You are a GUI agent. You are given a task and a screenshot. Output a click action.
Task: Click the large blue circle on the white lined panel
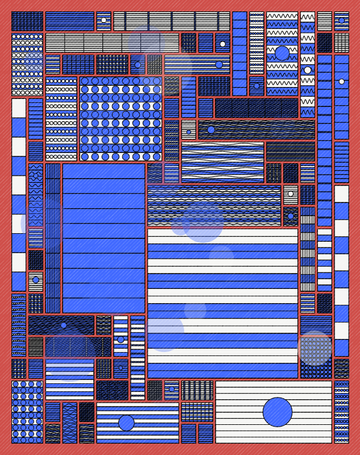278,412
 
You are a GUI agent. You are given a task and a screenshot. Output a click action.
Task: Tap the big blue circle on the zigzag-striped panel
282,53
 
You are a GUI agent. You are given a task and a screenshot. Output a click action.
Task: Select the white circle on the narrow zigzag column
308,70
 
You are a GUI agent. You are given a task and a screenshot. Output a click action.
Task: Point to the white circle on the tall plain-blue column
341,81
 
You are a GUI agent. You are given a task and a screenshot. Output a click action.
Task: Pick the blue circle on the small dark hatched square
291,216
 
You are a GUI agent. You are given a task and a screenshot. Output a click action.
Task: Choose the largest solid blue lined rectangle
104,238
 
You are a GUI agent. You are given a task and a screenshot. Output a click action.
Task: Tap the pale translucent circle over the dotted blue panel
315,348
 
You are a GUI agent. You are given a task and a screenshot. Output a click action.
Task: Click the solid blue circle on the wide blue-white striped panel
126,423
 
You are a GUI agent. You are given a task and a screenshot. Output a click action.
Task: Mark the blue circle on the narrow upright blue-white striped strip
121,340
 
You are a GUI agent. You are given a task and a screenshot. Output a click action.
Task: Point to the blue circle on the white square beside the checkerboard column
36,280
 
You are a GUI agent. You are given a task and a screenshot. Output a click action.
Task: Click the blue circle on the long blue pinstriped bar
219,64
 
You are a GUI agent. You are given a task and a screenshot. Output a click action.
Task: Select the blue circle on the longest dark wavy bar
211,130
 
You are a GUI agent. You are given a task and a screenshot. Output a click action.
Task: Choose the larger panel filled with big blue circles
121,119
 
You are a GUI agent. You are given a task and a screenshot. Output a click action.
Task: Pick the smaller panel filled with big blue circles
27,412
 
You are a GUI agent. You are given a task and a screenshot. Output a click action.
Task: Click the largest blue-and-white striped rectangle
222,303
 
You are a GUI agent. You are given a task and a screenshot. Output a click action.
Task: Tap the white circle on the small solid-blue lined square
222,44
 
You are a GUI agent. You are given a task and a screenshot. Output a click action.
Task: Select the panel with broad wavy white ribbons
222,162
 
